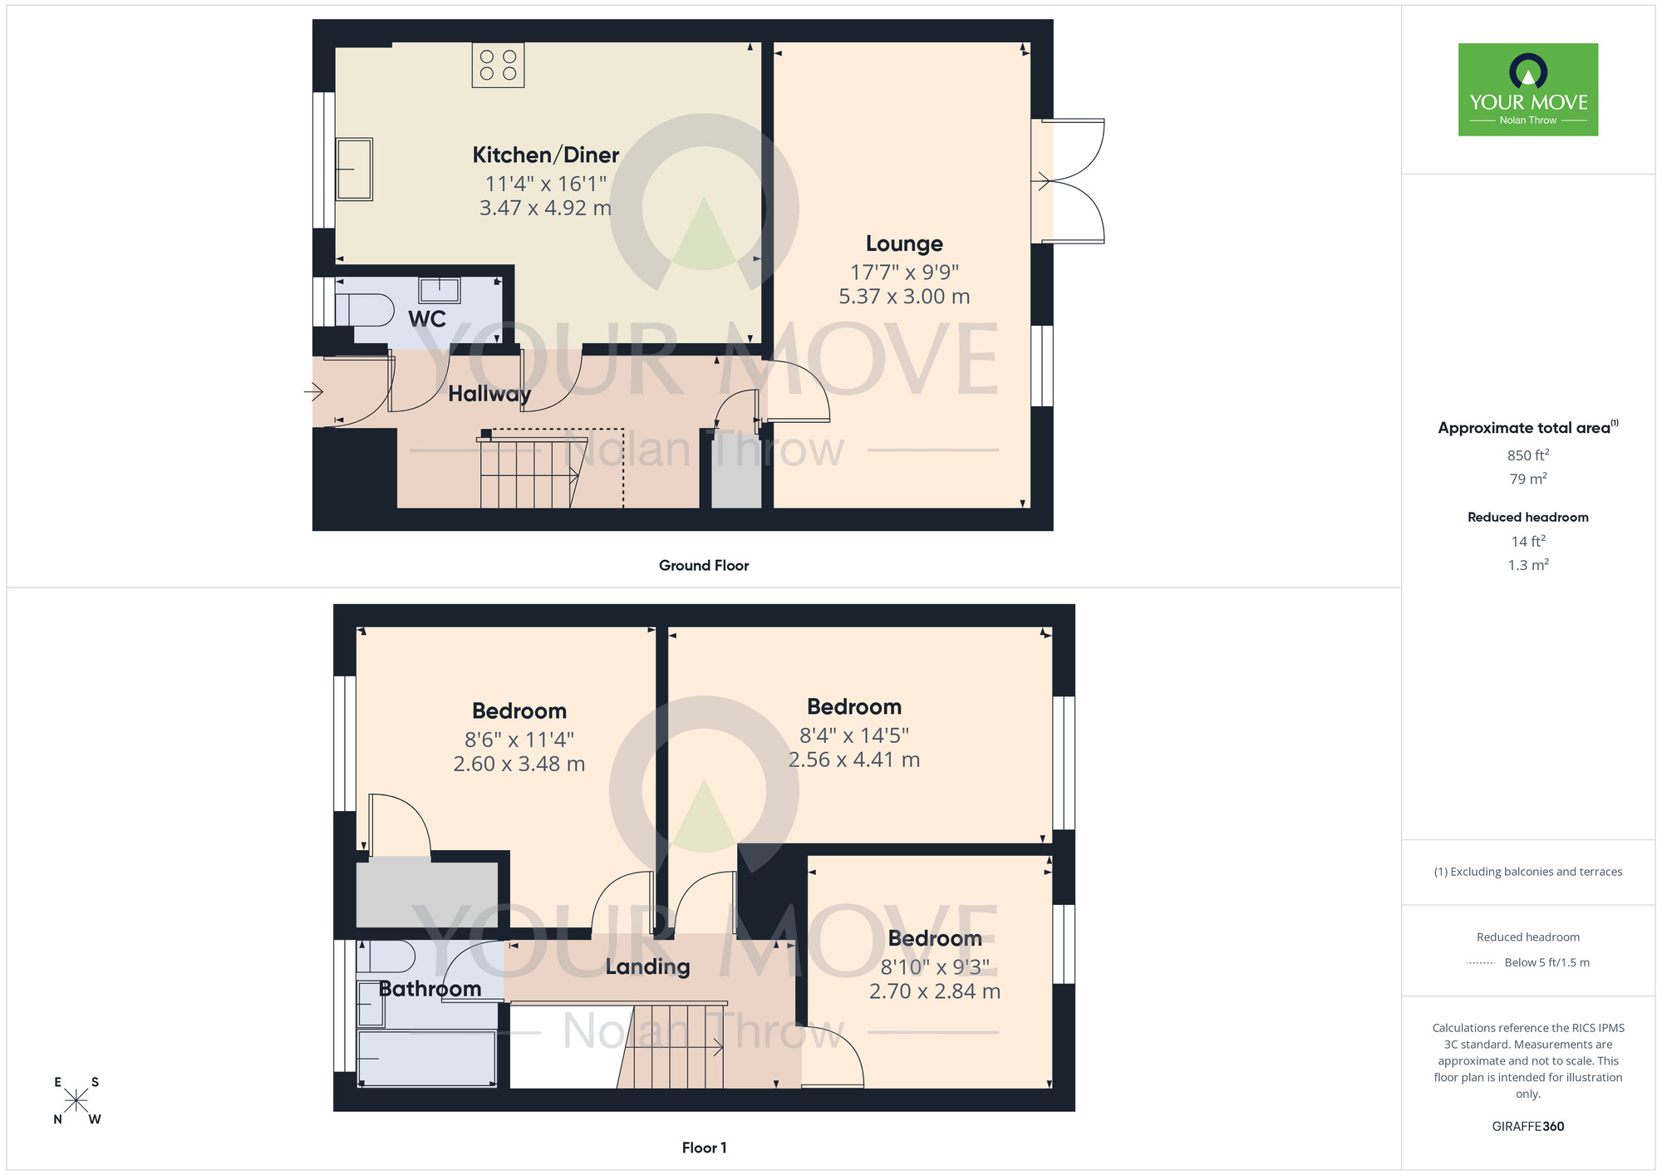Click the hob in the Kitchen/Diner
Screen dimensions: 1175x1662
tap(498, 65)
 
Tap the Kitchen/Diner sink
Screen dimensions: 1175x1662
tap(354, 170)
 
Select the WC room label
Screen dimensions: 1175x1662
tap(427, 319)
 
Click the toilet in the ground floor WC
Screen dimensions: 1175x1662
tap(365, 310)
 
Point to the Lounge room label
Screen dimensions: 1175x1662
tap(904, 243)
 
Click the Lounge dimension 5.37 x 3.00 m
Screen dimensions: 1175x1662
tap(904, 297)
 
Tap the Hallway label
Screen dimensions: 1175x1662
tap(489, 394)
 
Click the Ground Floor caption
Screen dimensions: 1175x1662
tap(704, 565)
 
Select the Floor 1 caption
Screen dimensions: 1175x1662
tap(704, 1148)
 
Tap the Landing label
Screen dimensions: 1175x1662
tap(647, 966)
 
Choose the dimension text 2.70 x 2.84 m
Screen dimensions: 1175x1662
tap(935, 991)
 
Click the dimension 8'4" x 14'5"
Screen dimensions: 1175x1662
tap(854, 735)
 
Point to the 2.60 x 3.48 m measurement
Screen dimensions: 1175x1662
tap(519, 764)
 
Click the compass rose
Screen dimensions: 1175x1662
tap(76, 1100)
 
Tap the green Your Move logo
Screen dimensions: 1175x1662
tap(1528, 90)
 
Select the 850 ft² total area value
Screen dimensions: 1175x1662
tap(1528, 455)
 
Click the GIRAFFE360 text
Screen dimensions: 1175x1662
tap(1528, 1127)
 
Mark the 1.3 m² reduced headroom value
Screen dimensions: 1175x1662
tap(1528, 565)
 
